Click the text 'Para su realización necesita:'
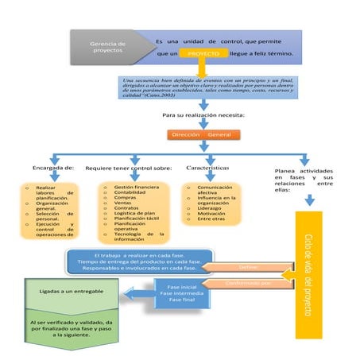203,116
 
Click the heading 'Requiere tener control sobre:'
128,168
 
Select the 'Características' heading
207,168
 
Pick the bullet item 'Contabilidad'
130,193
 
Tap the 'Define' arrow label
247,266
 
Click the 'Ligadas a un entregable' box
70,292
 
